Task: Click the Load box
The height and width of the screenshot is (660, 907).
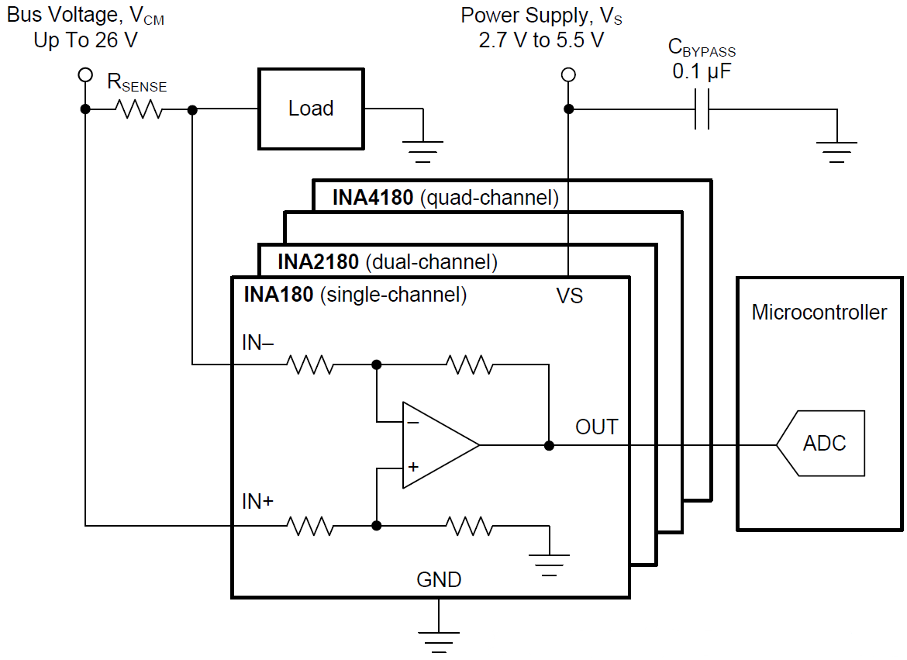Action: click(311, 109)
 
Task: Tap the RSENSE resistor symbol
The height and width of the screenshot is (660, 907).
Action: click(140, 109)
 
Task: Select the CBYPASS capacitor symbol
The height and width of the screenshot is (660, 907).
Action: click(702, 109)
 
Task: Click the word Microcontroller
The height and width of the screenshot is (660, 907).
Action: click(819, 313)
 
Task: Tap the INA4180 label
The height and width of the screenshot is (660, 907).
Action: click(373, 198)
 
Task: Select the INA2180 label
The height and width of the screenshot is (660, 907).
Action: click(318, 262)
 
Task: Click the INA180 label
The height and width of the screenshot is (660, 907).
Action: click(278, 295)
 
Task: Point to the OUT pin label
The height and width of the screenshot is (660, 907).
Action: click(596, 427)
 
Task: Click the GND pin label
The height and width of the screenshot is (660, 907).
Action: click(439, 579)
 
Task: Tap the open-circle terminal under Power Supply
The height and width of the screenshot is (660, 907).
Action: click(568, 74)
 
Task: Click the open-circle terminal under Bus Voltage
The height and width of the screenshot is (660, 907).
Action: click(85, 74)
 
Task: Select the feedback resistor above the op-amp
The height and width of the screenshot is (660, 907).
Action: click(469, 365)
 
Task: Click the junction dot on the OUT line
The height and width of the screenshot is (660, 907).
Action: click(549, 445)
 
